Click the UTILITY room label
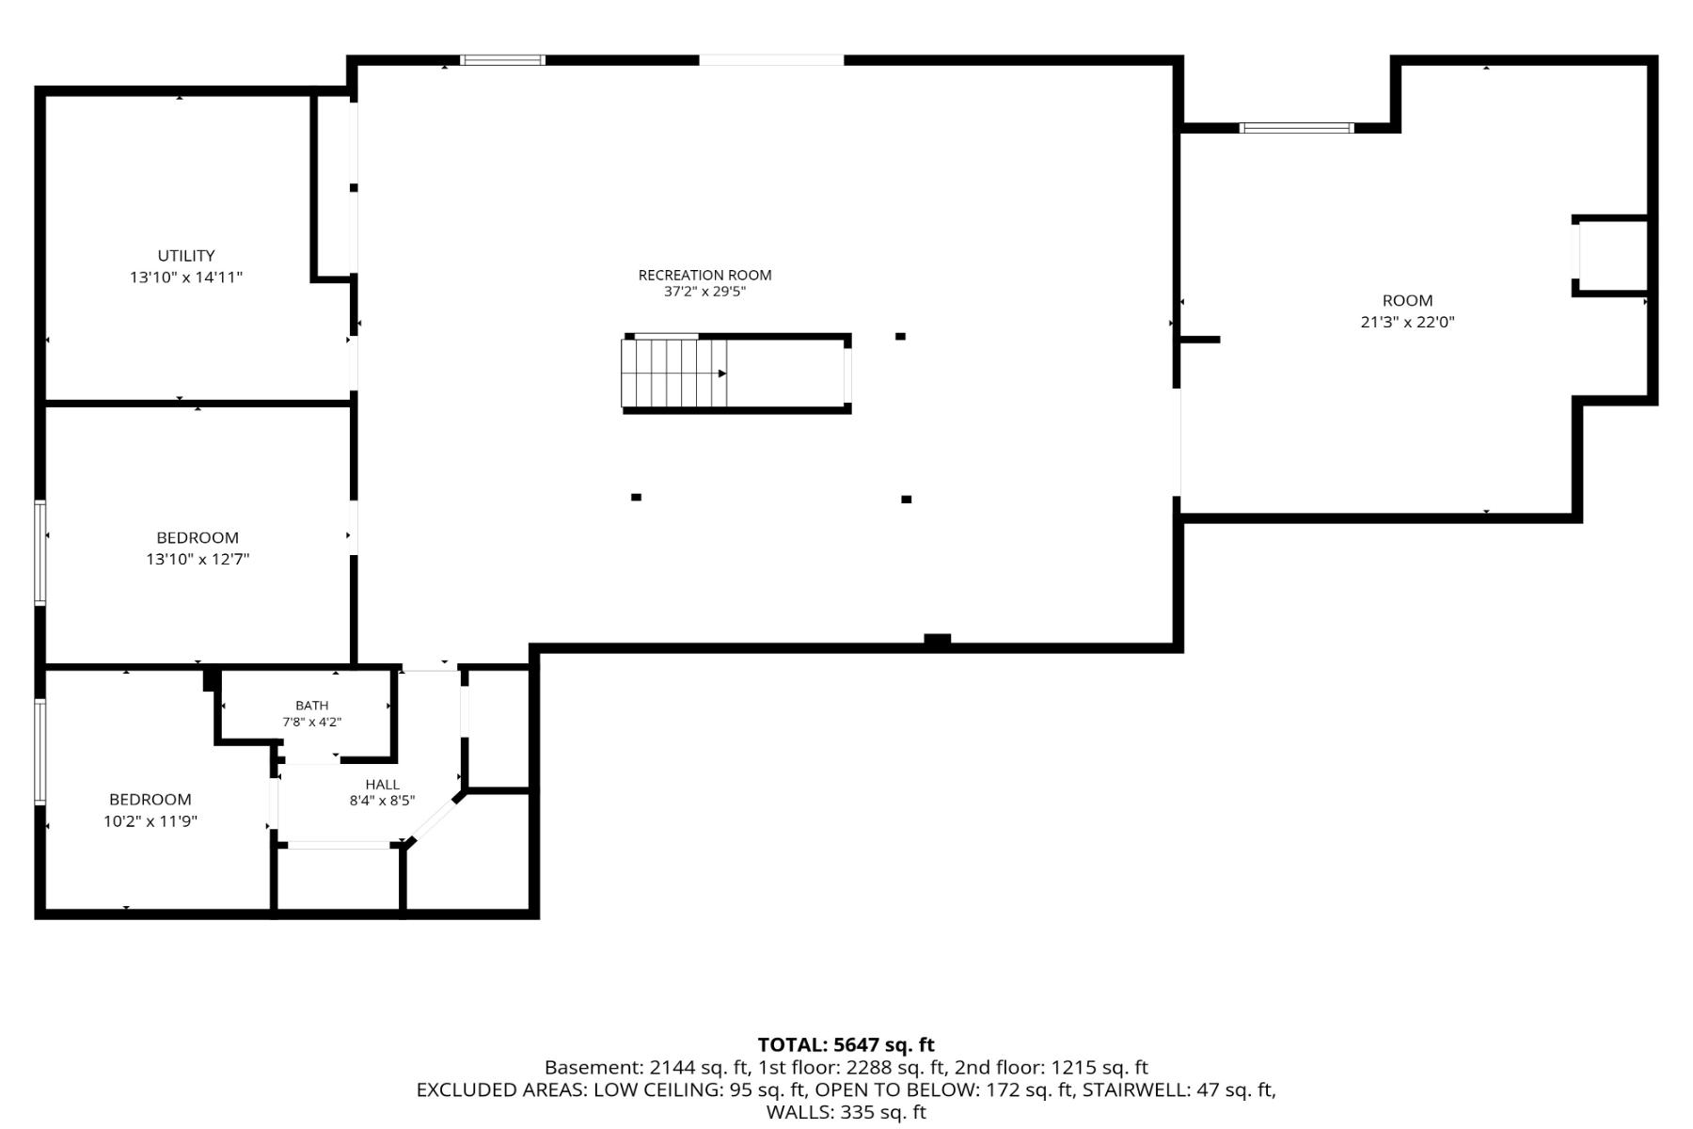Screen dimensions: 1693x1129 [186, 256]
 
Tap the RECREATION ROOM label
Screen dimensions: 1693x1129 [704, 275]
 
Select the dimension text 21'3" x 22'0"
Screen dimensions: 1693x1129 [1407, 322]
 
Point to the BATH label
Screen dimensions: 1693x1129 [312, 706]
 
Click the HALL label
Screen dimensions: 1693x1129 [383, 785]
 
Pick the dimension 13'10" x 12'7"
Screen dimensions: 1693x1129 [198, 559]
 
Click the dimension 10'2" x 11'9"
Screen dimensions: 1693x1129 [150, 821]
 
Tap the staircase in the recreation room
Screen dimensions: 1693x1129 [674, 374]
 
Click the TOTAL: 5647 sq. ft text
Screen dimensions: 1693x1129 [846, 1044]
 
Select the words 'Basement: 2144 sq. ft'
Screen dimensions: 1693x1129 [646, 1068]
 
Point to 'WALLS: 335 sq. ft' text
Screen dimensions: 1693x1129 [846, 1113]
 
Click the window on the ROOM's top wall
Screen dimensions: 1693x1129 [1297, 128]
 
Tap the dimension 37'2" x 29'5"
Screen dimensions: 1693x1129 [704, 292]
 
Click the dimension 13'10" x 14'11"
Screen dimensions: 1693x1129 [186, 278]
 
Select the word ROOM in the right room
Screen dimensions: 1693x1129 [1407, 301]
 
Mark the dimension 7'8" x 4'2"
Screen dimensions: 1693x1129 [312, 723]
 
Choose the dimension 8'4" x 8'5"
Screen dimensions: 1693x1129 [383, 802]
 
